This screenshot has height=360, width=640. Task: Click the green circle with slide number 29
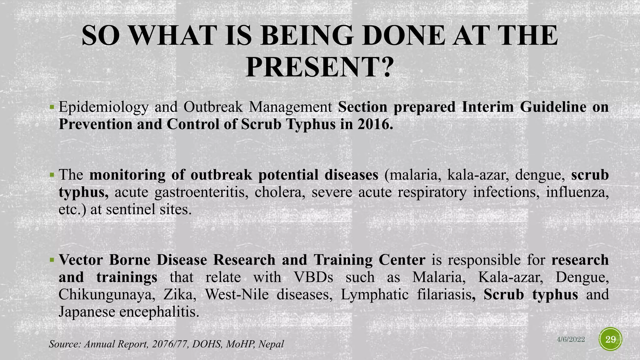tap(610, 339)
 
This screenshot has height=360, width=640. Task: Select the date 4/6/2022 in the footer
tap(571, 339)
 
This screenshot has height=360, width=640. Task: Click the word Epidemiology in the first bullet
tap(103, 107)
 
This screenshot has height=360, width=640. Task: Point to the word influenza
tap(577, 192)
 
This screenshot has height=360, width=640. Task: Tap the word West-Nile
tap(237, 294)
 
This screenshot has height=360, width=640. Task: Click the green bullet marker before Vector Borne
tap(52, 259)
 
